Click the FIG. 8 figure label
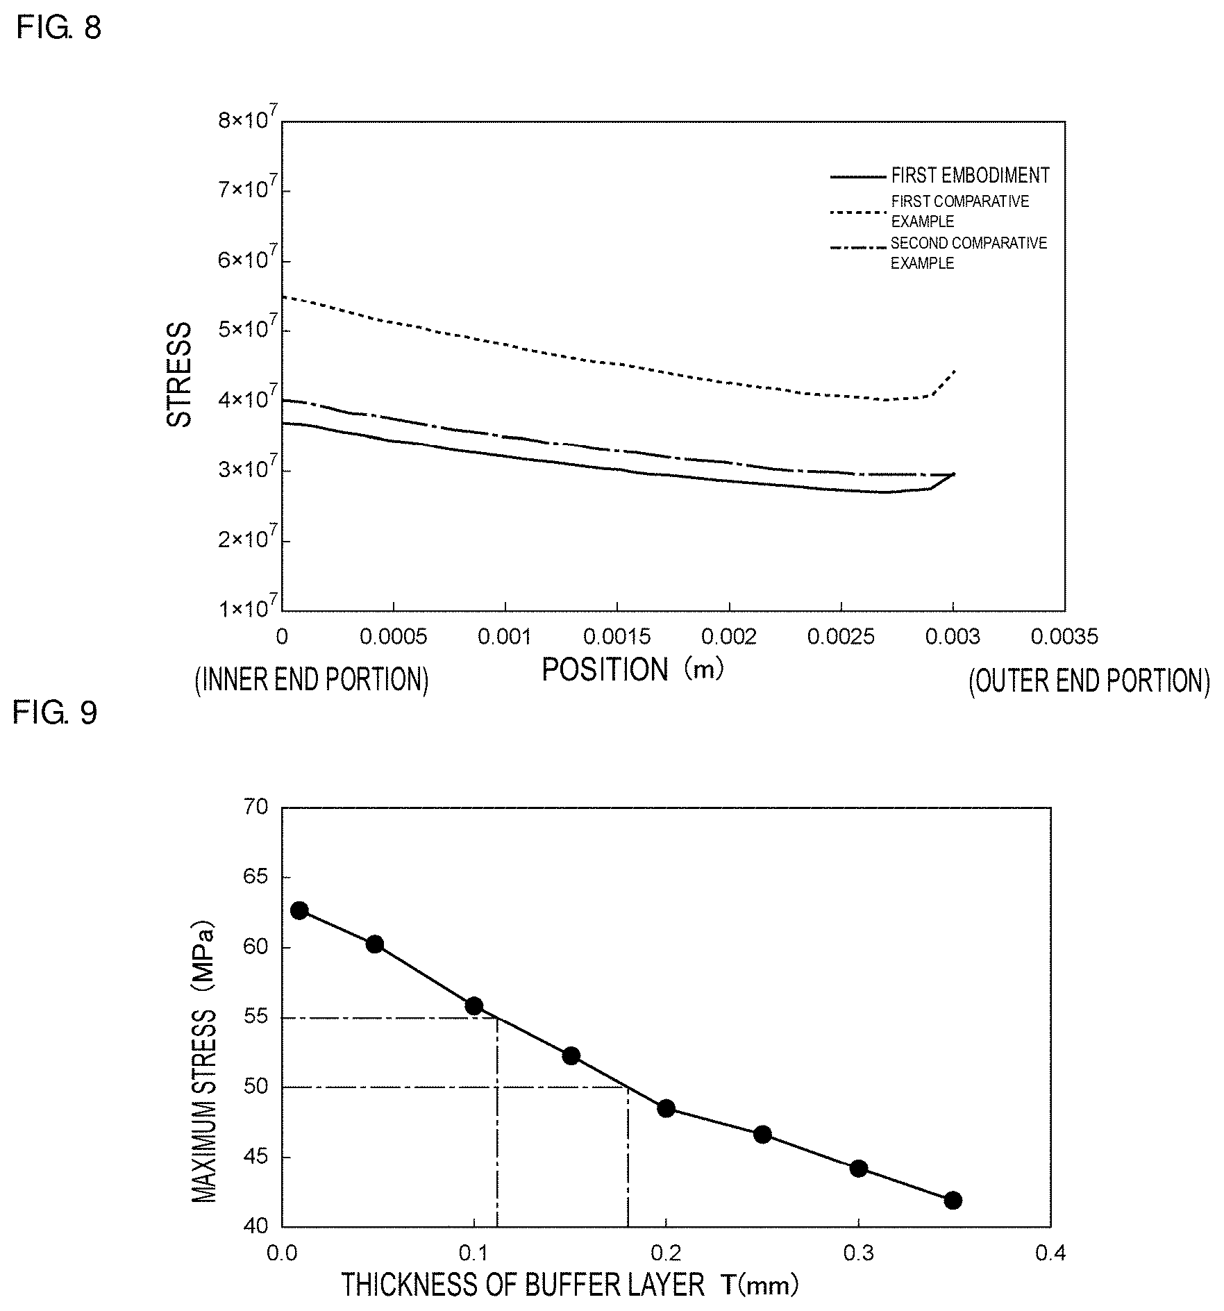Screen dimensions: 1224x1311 coord(59,28)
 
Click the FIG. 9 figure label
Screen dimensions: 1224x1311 coord(56,712)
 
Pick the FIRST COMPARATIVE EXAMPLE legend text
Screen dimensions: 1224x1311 coord(960,211)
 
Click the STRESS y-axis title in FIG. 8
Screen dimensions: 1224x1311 coord(179,375)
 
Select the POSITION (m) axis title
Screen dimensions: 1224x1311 coord(632,670)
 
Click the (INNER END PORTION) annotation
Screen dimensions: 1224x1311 coord(312,680)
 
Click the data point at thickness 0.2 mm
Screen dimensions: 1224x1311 coord(666,1108)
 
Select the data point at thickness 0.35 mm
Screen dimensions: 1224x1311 coord(953,1200)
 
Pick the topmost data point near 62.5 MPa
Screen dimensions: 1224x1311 coord(299,910)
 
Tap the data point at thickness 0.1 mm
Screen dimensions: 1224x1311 coord(474,1005)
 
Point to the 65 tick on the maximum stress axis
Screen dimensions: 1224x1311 coord(255,877)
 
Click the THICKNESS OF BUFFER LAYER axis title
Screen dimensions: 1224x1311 coord(570,1285)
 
